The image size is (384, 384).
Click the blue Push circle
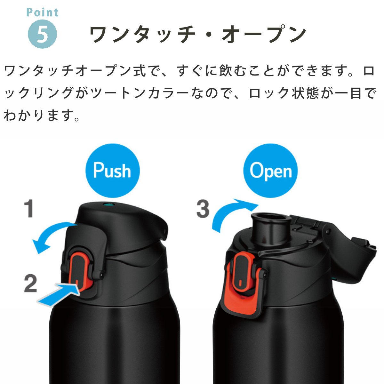point(112,170)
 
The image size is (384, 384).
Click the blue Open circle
point(270,170)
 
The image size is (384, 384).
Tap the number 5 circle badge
point(43,34)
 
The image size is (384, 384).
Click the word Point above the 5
point(43,12)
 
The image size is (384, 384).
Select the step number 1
point(29,209)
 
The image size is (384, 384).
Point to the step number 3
point(203,209)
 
